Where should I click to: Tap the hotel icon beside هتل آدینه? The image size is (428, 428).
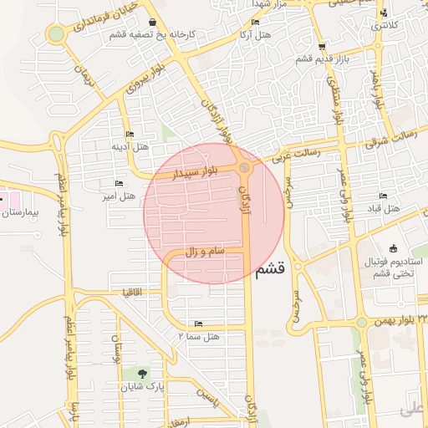[x=129, y=134]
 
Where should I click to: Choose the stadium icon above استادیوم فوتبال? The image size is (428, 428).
[x=394, y=248]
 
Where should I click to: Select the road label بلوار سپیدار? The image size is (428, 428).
[x=193, y=174]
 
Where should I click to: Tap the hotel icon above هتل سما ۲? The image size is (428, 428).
[x=198, y=323]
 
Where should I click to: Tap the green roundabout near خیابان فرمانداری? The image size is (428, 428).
[x=56, y=34]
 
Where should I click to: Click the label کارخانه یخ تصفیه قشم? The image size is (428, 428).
[x=151, y=34]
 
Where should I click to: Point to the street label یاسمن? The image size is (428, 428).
[x=206, y=400]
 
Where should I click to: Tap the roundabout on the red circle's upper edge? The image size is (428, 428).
[x=244, y=169]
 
